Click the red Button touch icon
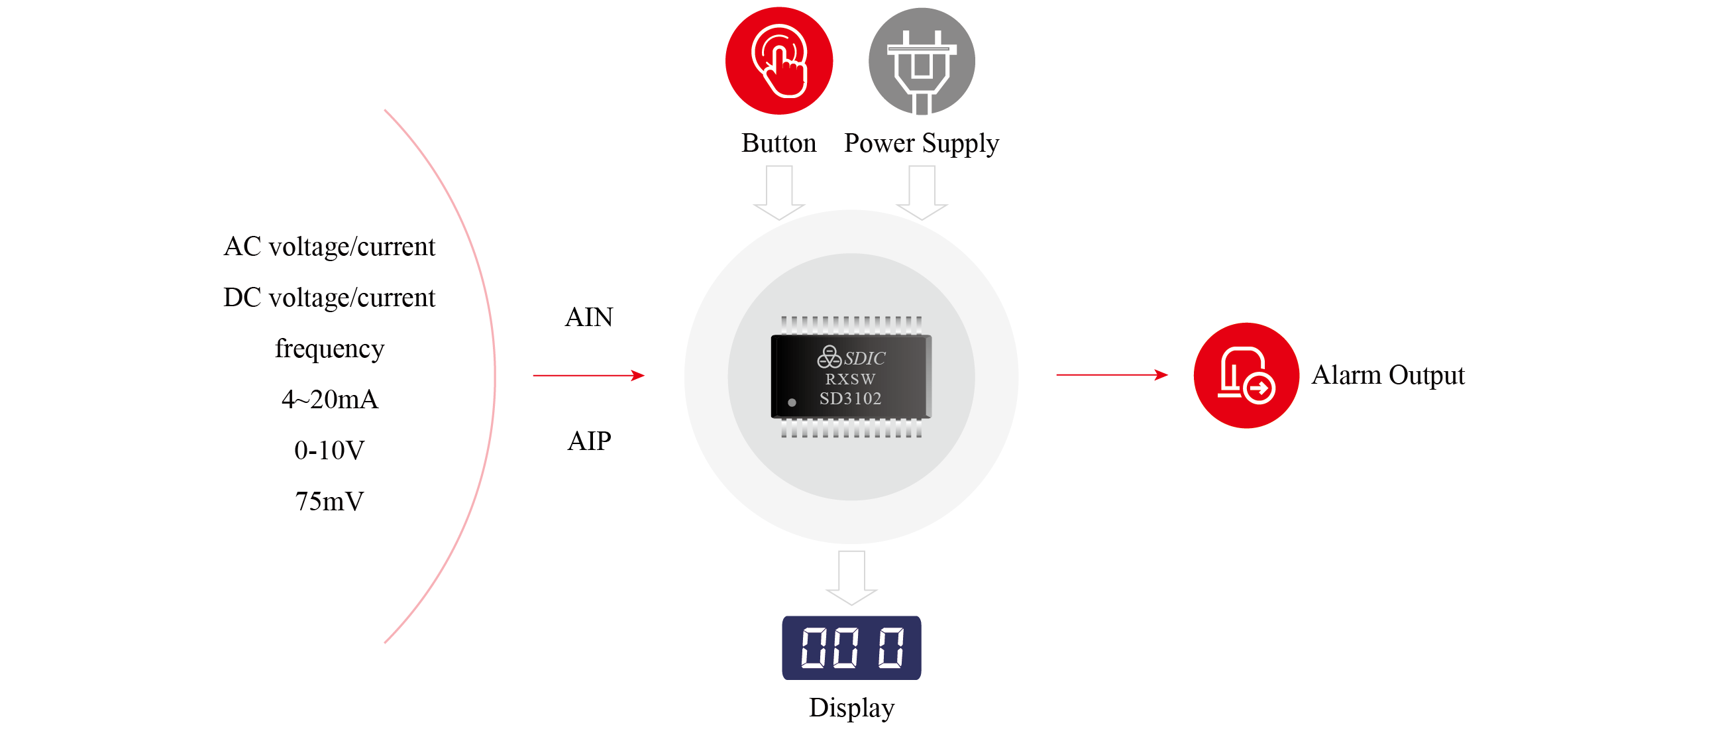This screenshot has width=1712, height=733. click(778, 61)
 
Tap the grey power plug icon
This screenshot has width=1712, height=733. click(921, 61)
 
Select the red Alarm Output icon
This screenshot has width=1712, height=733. click(1246, 376)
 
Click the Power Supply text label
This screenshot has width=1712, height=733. click(921, 144)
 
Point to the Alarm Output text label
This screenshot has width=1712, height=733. click(1387, 376)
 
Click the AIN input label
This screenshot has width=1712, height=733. click(589, 317)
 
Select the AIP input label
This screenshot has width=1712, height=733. click(589, 441)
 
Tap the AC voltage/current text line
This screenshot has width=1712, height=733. click(329, 247)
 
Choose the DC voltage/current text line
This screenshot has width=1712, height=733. click(329, 298)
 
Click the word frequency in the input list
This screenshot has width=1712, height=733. click(329, 349)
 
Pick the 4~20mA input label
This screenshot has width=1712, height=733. click(329, 400)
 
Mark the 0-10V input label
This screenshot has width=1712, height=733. click(329, 451)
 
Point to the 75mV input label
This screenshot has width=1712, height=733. click(329, 502)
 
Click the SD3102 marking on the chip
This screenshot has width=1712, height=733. click(850, 399)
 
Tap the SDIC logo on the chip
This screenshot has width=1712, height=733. click(851, 358)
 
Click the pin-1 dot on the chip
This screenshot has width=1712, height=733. click(792, 403)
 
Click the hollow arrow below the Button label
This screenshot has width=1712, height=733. click(779, 193)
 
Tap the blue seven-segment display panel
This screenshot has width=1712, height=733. click(851, 648)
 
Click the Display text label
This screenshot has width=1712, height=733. click(851, 708)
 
